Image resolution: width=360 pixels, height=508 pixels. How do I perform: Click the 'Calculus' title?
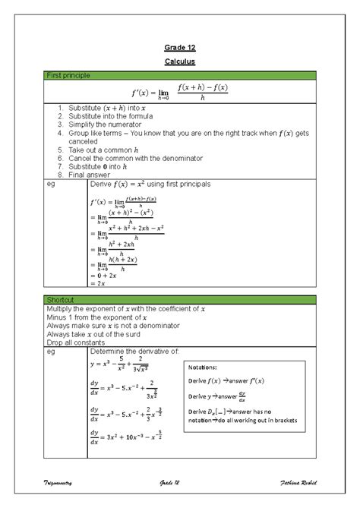[180, 60]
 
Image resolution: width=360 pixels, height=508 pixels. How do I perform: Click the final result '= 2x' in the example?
[98, 283]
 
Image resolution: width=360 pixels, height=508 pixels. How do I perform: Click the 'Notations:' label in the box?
[201, 366]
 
